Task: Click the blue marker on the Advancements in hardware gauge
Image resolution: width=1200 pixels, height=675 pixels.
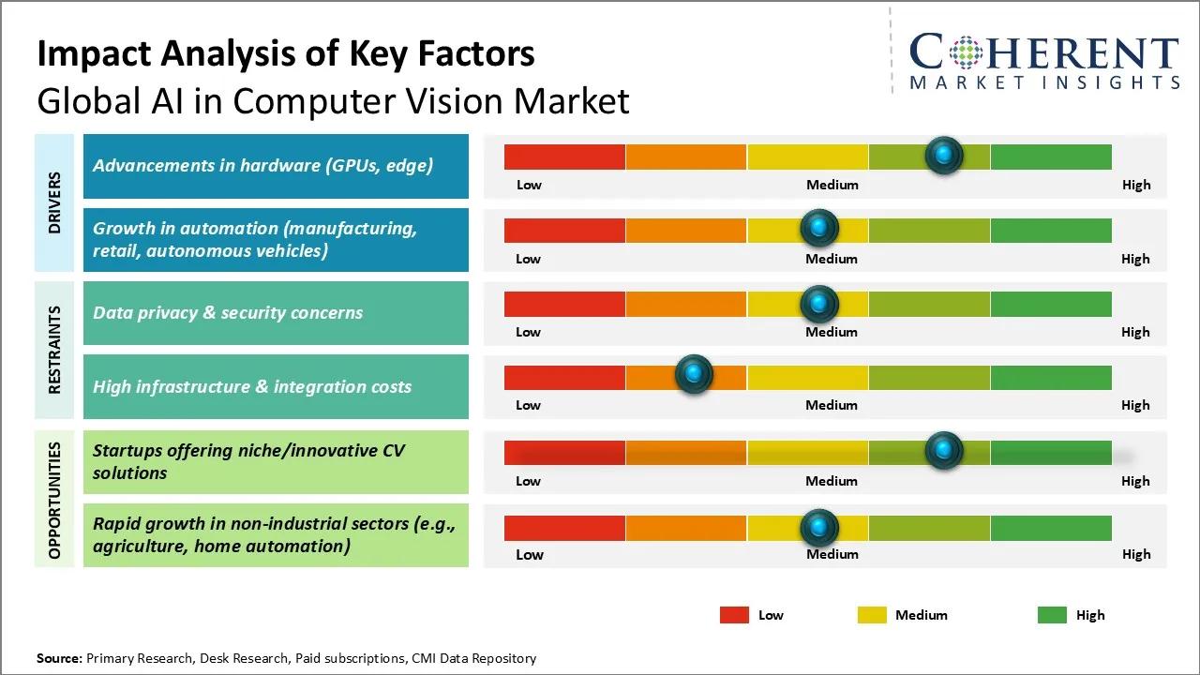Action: point(944,155)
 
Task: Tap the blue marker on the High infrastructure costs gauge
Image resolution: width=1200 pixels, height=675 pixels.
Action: point(694,375)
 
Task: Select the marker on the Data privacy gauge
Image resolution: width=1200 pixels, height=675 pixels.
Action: point(819,303)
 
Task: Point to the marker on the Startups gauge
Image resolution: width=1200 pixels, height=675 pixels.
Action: point(944,451)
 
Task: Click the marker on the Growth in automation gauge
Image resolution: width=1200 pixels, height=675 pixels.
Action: point(819,228)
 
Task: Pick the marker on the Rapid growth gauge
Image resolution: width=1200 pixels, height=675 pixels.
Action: point(819,527)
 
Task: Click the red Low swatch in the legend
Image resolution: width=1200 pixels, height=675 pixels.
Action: point(734,615)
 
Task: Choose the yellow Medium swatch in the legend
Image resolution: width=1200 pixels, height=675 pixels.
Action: point(872,615)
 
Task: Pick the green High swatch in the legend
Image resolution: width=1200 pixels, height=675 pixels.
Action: point(1052,615)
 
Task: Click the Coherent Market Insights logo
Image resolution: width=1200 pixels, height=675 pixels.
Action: point(1043,61)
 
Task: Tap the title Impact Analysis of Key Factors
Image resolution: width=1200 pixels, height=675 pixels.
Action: point(286,54)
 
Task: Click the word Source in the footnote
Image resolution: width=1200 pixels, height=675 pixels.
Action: point(58,658)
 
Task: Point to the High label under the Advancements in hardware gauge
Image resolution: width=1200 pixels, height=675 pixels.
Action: point(1136,185)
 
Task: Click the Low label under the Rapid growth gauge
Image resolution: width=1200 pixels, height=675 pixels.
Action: point(529,554)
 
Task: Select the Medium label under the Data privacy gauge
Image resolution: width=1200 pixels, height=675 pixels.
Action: point(832,332)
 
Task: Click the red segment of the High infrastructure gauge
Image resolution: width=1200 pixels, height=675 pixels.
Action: point(564,378)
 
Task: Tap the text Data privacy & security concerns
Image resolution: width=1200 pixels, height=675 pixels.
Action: point(228,313)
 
